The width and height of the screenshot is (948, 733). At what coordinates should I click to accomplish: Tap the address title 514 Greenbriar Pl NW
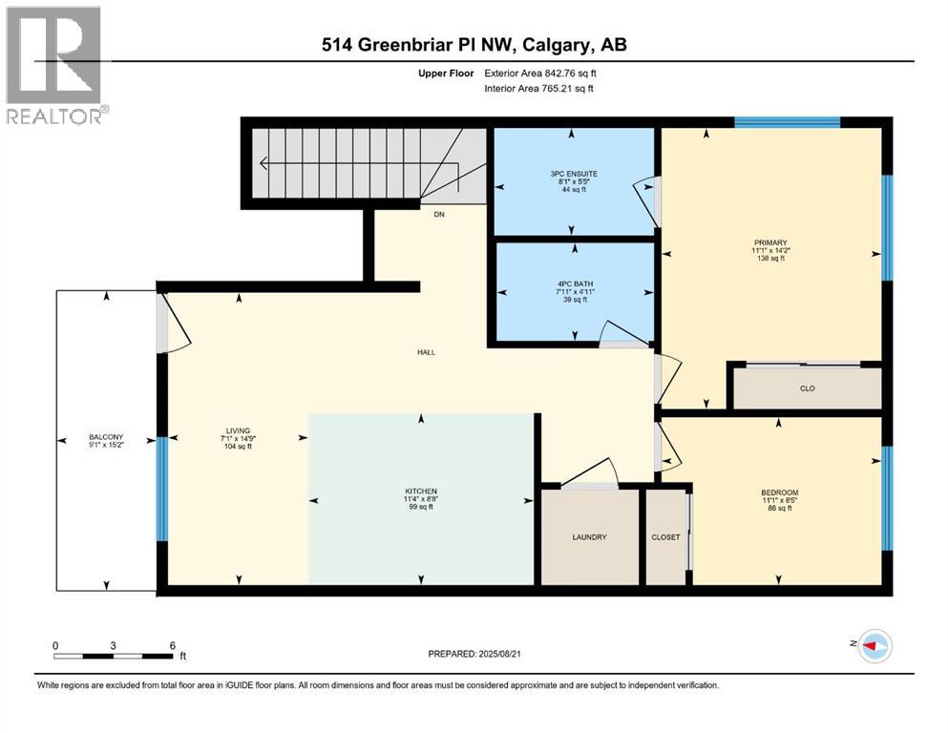[x=473, y=44]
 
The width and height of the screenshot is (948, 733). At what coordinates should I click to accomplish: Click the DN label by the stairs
[x=439, y=215]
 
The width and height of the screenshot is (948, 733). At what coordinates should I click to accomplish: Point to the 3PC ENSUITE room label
[x=574, y=174]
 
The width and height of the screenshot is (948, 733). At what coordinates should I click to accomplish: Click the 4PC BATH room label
[x=574, y=283]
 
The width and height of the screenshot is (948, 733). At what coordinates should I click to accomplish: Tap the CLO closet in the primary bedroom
[x=807, y=388]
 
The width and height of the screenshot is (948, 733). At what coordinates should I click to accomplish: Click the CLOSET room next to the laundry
[x=665, y=536]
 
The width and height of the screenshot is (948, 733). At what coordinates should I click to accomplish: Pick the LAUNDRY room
[x=589, y=536]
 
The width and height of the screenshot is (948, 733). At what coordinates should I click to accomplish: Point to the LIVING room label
[x=237, y=430]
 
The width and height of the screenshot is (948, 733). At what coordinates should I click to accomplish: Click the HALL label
[x=426, y=352]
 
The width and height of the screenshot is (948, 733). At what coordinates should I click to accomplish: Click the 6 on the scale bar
[x=172, y=645]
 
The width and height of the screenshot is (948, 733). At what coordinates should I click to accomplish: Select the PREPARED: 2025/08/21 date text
[x=476, y=654]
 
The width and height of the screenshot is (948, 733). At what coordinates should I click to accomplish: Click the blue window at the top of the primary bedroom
[x=787, y=122]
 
